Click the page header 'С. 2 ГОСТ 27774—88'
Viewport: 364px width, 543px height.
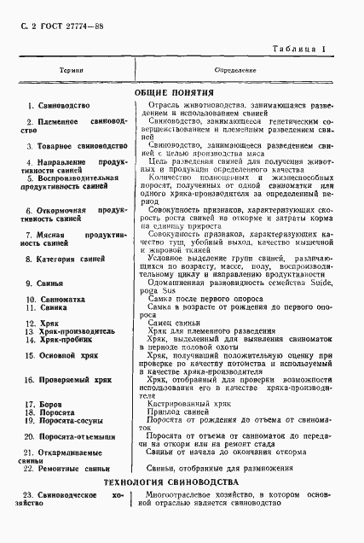point(52,27)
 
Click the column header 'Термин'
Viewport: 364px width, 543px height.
point(72,71)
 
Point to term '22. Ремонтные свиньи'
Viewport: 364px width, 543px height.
point(66,468)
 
